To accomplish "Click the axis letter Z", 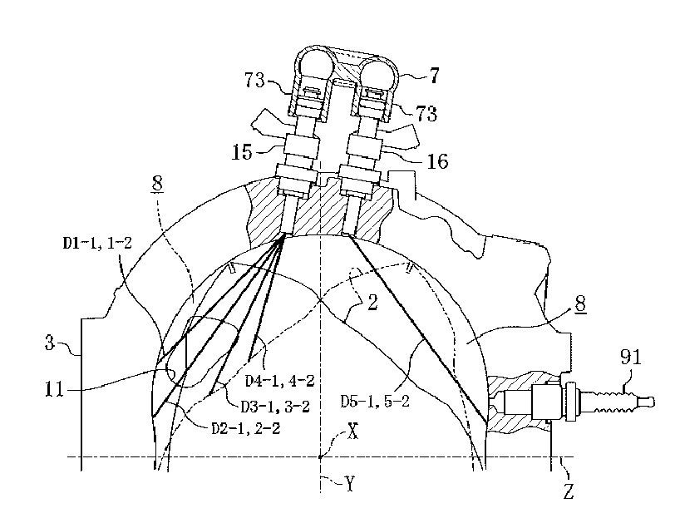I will tap(569, 491).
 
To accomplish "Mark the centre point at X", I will tap(319, 456).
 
